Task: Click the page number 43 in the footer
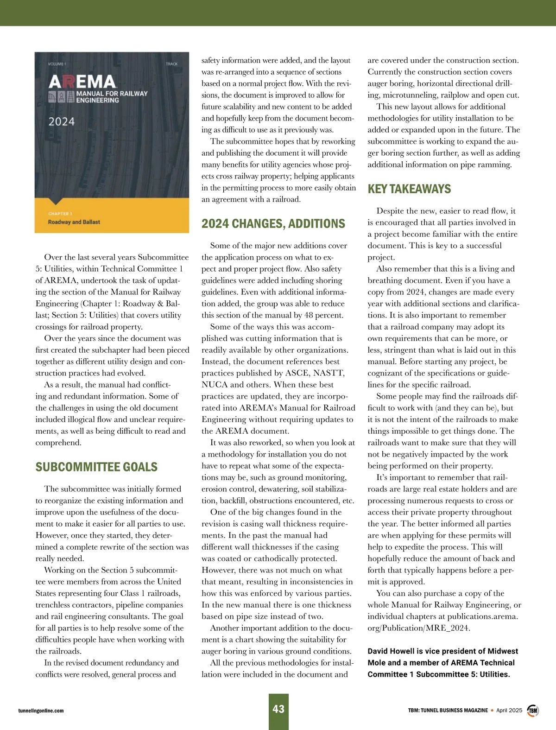coord(278,709)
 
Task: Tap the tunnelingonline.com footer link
coord(41,711)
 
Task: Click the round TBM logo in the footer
coord(533,710)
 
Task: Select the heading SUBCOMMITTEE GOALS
coord(96,467)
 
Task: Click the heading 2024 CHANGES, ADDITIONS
coord(273,224)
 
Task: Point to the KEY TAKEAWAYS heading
coord(409,189)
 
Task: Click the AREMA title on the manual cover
coord(82,82)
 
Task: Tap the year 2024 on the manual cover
coord(62,122)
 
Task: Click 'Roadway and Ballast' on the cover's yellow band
coord(74,222)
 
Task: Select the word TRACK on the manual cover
coord(171,64)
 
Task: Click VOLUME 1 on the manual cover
coord(57,64)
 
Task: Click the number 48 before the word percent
coord(310,315)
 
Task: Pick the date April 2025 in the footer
coord(509,710)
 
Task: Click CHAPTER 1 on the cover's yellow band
coord(60,214)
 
